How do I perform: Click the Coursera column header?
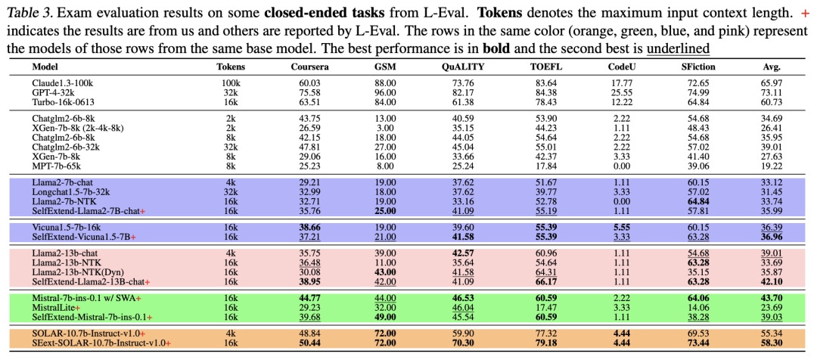[x=310, y=67]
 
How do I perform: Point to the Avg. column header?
[x=772, y=67]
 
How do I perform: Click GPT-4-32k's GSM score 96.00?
[x=385, y=92]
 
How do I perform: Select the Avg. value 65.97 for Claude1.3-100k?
[x=772, y=82]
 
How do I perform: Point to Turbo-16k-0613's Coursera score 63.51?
[x=310, y=101]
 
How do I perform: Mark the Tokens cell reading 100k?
[x=231, y=82]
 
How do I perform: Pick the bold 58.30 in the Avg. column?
[x=772, y=343]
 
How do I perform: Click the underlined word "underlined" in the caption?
[x=678, y=48]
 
